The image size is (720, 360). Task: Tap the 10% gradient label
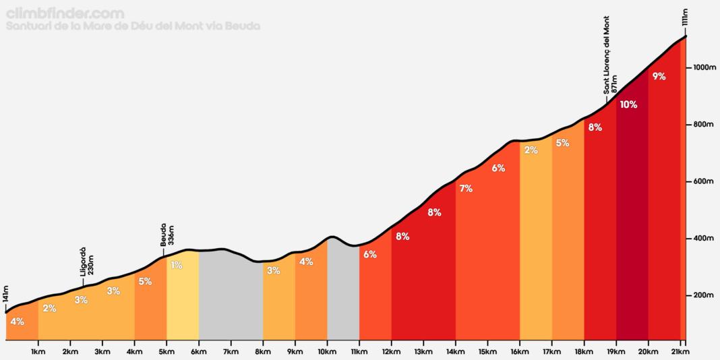point(628,104)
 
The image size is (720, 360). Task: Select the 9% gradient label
point(659,76)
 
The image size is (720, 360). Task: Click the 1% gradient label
point(176,265)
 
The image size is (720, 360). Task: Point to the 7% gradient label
point(465,189)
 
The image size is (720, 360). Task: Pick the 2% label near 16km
point(531,150)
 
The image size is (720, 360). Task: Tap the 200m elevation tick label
point(700,295)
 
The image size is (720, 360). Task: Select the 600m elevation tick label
point(700,182)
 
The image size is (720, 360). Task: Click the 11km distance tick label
point(359,351)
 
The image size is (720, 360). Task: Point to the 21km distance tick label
point(680,351)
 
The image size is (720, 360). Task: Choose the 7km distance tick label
point(231,351)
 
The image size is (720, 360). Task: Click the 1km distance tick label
point(38,351)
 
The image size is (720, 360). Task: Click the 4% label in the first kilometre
point(18,322)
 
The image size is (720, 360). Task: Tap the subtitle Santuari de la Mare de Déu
point(132,26)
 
